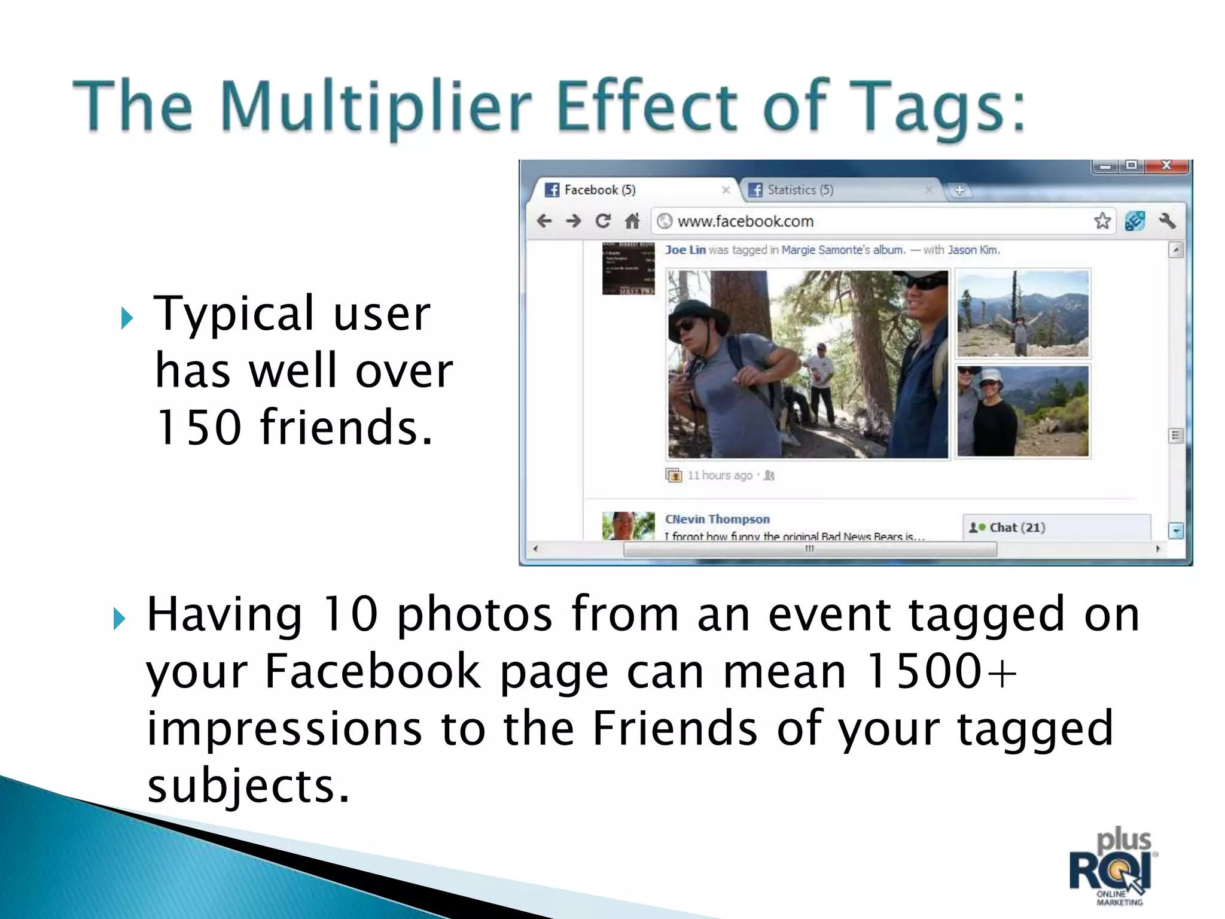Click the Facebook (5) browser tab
[x=599, y=190]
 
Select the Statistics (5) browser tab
[x=800, y=190]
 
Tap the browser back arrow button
[x=544, y=221]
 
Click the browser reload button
[x=603, y=221]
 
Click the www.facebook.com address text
[x=745, y=221]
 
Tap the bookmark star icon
[x=1102, y=221]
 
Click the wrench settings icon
[x=1167, y=221]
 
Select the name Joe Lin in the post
[x=685, y=250]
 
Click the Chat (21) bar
[x=1017, y=528]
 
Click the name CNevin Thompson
[x=717, y=519]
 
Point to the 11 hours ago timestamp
[x=720, y=476]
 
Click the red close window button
[x=1166, y=166]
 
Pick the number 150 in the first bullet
[x=198, y=428]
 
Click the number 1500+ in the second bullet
[x=941, y=671]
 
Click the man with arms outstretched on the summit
[x=1020, y=331]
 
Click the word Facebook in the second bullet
[x=372, y=671]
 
